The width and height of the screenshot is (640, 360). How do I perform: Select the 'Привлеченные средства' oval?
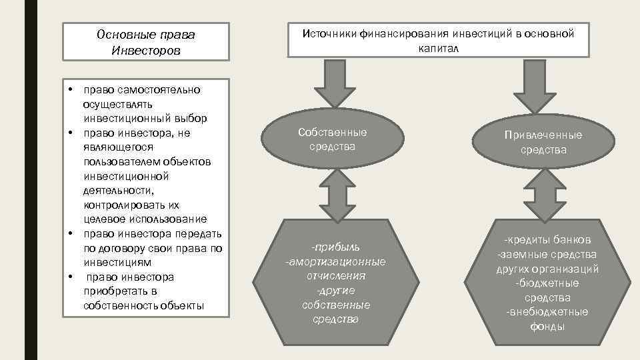coord(543,143)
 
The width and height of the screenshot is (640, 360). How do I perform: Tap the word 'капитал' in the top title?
coord(439,49)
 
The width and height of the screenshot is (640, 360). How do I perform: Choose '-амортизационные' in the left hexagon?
coord(335,261)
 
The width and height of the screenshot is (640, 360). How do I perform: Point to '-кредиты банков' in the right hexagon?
coord(547,240)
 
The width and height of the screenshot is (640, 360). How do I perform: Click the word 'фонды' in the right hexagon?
coord(547,327)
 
